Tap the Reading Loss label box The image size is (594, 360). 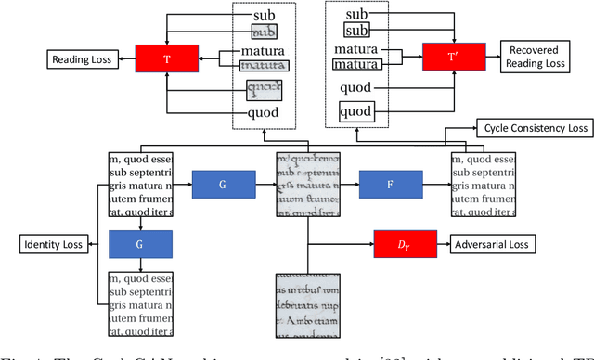coord(80,61)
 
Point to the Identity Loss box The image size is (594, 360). coord(52,245)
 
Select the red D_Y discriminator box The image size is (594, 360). coord(402,245)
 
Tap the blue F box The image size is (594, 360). coord(389,186)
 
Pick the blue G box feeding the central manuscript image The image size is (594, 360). coord(222,186)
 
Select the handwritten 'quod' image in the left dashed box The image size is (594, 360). coord(263,90)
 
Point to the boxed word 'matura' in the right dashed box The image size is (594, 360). coord(356,66)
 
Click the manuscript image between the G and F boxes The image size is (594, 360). coord(308,185)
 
